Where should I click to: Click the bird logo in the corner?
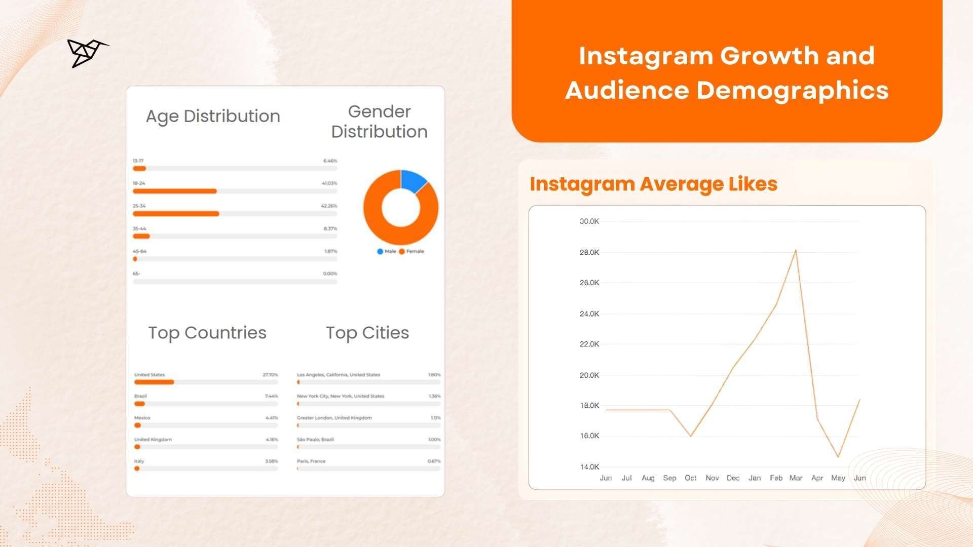click(86, 52)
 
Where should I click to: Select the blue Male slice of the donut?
click(413, 181)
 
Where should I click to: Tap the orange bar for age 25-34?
click(176, 214)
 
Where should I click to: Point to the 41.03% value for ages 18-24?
click(329, 183)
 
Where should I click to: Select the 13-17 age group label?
click(138, 161)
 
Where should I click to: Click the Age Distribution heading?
click(213, 116)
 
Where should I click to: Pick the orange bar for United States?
click(154, 382)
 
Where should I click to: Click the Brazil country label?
click(140, 396)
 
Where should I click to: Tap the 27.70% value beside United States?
click(270, 375)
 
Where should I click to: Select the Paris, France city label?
click(311, 461)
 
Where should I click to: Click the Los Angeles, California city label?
click(339, 375)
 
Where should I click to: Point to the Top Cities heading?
click(367, 333)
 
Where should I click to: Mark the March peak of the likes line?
click(796, 250)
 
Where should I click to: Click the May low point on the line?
click(838, 457)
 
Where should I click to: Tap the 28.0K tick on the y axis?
click(589, 252)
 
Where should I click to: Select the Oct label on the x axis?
click(690, 478)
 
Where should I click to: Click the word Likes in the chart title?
click(753, 184)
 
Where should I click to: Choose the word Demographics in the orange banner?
click(792, 90)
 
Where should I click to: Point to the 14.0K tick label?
click(589, 466)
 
